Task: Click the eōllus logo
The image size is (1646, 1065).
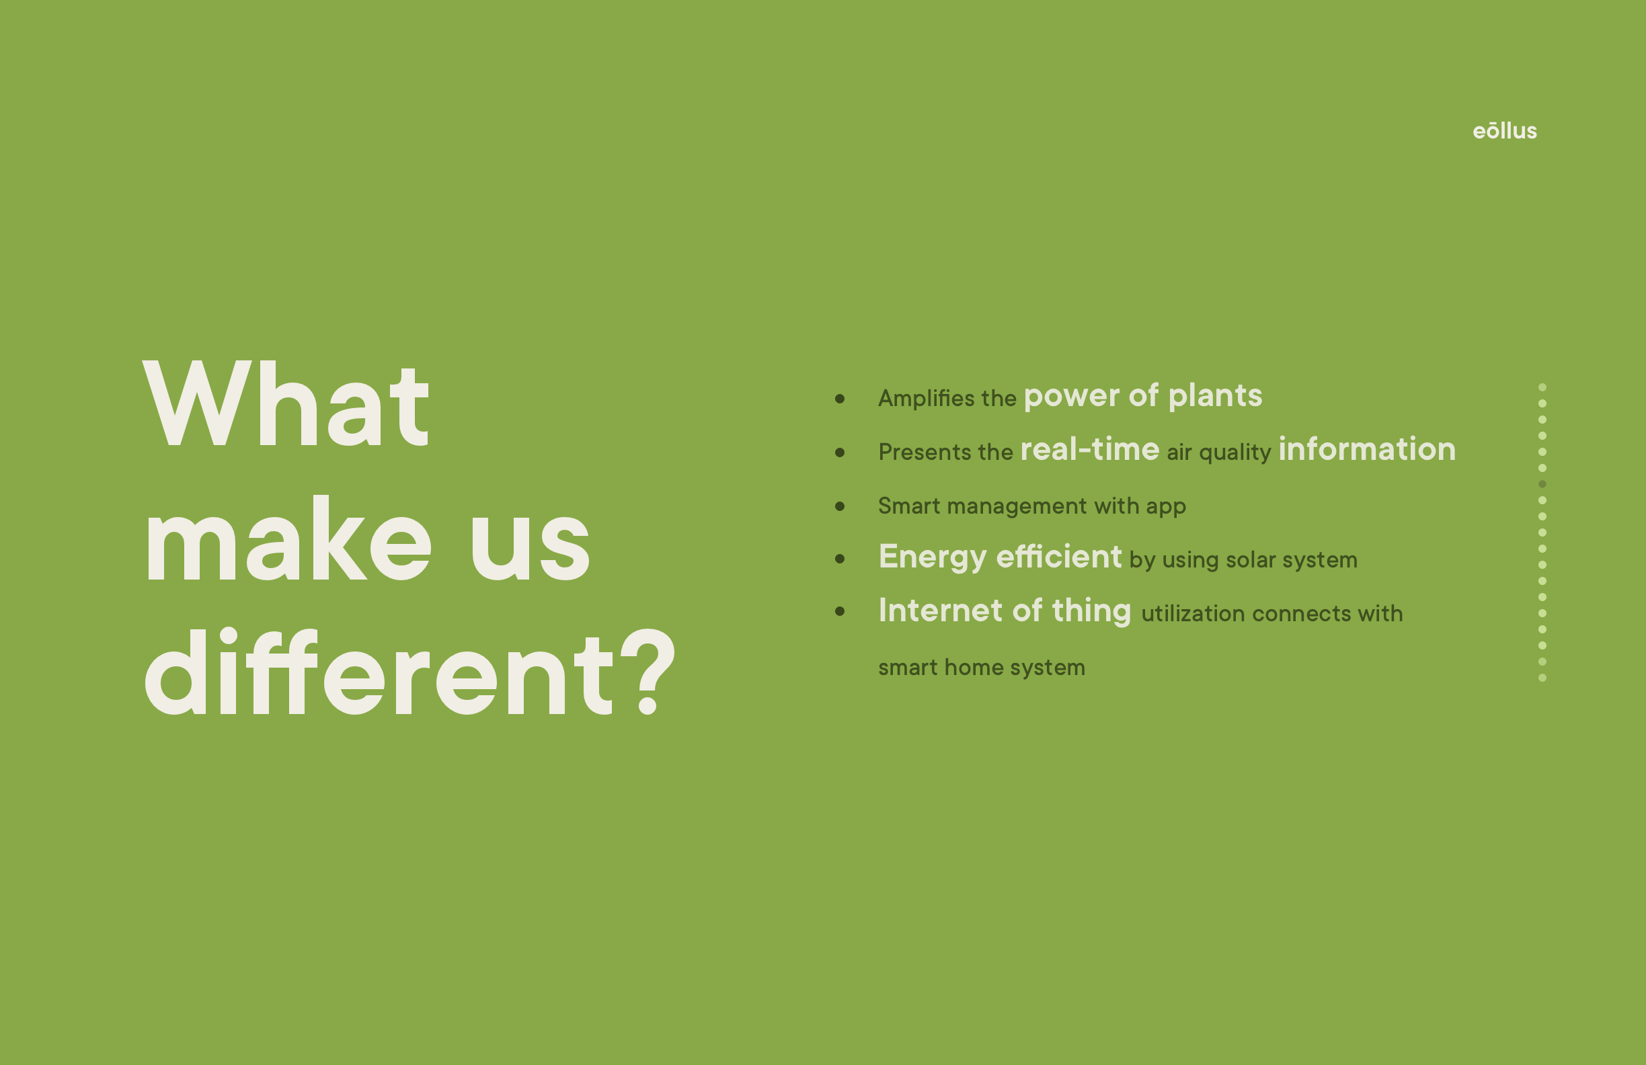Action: tap(1504, 130)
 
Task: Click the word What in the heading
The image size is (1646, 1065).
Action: tap(286, 405)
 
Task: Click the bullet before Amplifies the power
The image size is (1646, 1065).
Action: tap(840, 398)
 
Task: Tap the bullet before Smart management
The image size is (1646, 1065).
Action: tap(840, 506)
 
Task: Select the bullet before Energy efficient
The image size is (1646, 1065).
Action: tap(840, 559)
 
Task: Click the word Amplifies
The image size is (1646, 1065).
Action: tap(926, 398)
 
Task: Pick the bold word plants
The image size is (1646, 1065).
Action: tap(1215, 396)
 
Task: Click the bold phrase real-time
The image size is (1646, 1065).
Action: tap(1090, 449)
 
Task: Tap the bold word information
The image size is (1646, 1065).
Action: tap(1367, 449)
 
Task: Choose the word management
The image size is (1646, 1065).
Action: tap(1017, 507)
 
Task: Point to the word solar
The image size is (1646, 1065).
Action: tap(1251, 559)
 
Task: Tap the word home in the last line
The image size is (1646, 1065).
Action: tap(973, 668)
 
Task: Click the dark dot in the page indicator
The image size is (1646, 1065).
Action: tap(1542, 484)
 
